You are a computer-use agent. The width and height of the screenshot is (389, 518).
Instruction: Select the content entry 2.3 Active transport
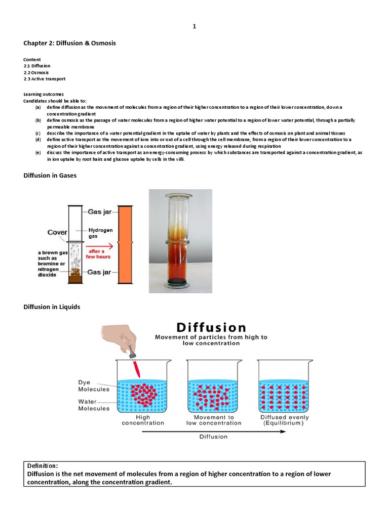[x=45, y=79]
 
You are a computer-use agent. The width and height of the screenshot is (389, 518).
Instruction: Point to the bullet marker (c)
[x=38, y=133]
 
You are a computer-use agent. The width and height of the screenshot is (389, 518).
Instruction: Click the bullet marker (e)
[x=38, y=153]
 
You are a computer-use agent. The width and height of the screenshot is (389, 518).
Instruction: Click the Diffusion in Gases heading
[x=50, y=176]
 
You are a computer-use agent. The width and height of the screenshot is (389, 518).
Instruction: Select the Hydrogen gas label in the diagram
[x=100, y=233]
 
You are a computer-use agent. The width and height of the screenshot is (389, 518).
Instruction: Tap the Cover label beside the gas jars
[x=58, y=232]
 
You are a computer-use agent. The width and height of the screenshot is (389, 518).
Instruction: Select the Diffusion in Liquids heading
[x=52, y=307]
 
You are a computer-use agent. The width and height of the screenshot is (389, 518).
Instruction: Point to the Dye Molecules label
[x=94, y=386]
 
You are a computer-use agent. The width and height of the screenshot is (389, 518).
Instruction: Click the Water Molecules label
[x=94, y=405]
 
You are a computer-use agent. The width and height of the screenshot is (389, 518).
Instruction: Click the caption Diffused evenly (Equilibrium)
[x=285, y=420]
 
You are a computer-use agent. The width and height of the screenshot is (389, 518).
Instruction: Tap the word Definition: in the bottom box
[x=44, y=465]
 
